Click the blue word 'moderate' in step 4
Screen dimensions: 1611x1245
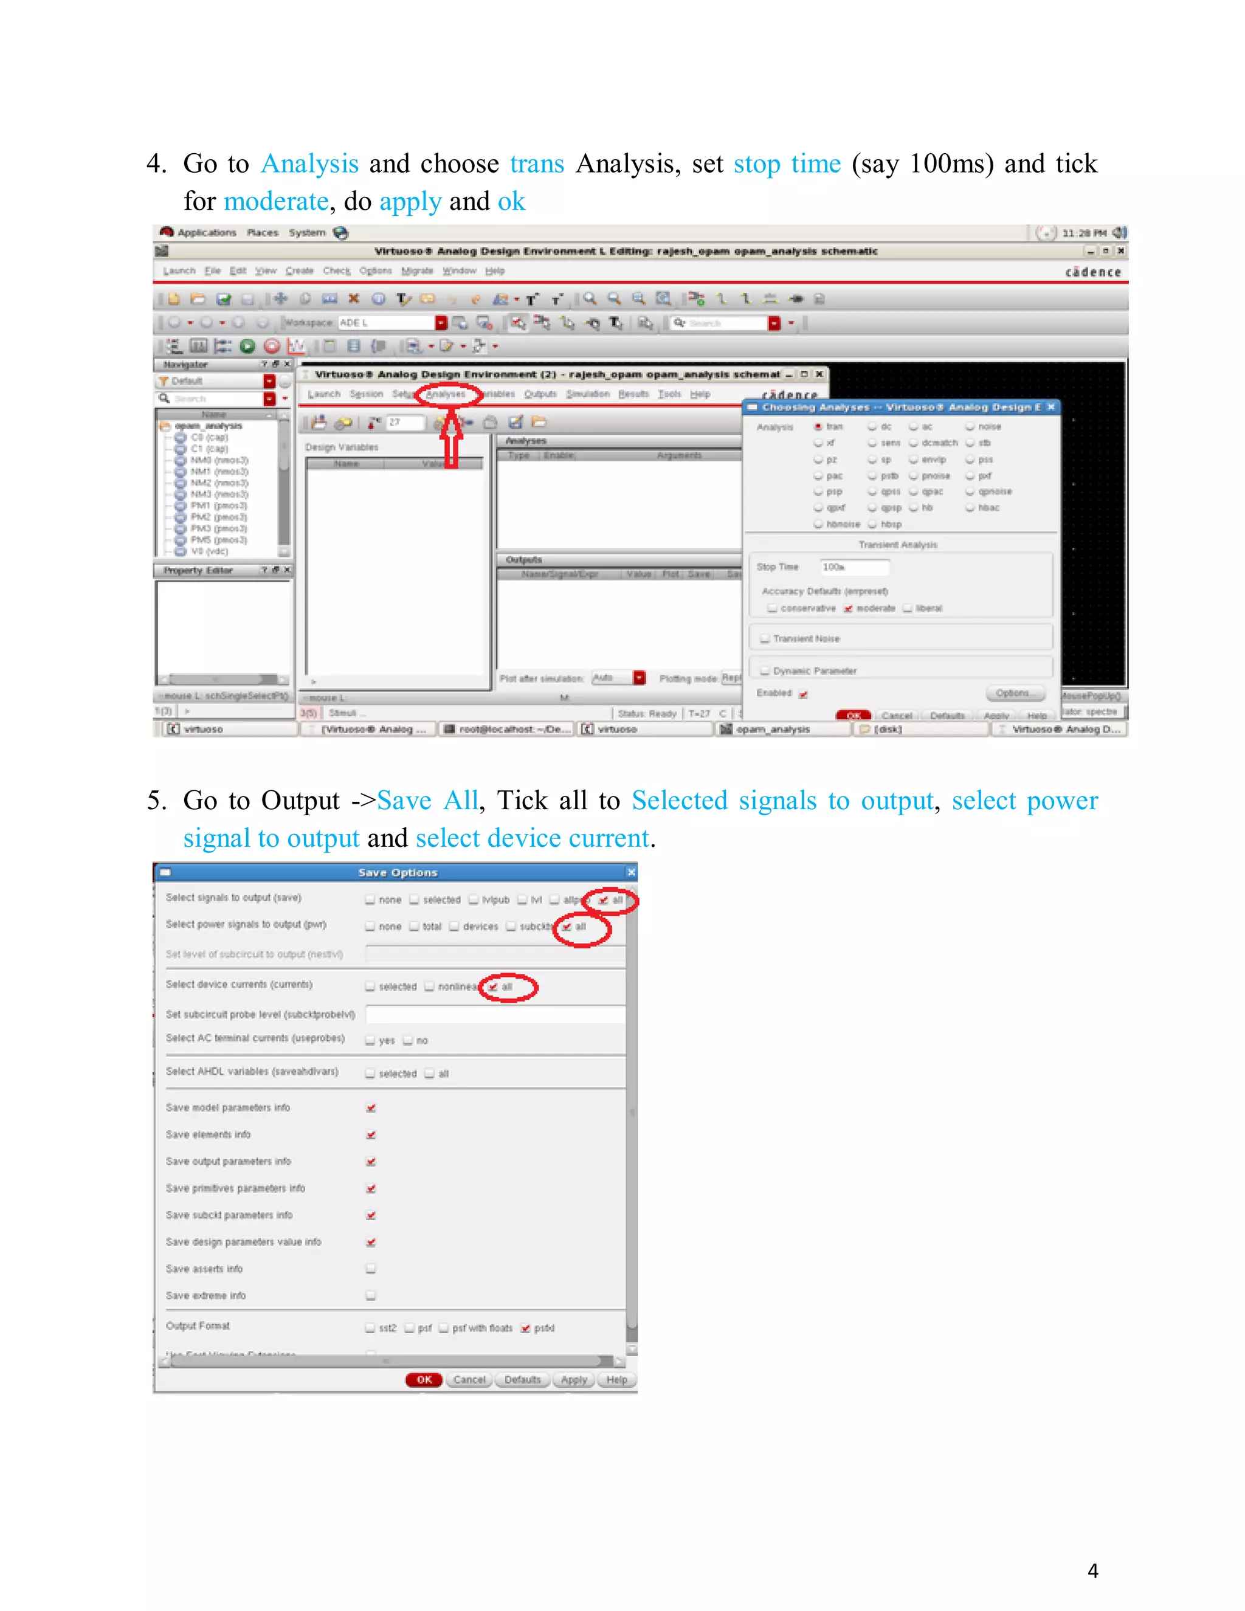click(x=276, y=201)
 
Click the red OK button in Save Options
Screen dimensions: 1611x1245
click(x=424, y=1379)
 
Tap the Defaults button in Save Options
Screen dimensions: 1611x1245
click(x=522, y=1379)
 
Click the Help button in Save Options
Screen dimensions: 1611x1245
click(x=616, y=1379)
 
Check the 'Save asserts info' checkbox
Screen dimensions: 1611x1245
click(x=371, y=1269)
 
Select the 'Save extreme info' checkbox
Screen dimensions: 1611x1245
click(x=371, y=1295)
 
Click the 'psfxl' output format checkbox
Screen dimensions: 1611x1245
click(x=526, y=1328)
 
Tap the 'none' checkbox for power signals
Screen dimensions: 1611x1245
click(x=370, y=926)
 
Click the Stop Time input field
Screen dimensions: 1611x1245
click(x=854, y=567)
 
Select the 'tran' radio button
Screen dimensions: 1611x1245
click(x=818, y=427)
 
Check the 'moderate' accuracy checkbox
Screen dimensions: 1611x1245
click(x=848, y=609)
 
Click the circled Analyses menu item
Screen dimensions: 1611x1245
click(x=446, y=395)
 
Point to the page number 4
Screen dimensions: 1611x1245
click(x=1092, y=1571)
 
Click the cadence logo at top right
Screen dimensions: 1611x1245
click(x=1092, y=272)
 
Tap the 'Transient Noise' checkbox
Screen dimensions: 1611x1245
click(x=765, y=639)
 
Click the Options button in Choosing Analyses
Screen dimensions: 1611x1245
click(x=1015, y=694)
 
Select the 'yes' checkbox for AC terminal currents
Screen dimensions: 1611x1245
click(x=370, y=1041)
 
